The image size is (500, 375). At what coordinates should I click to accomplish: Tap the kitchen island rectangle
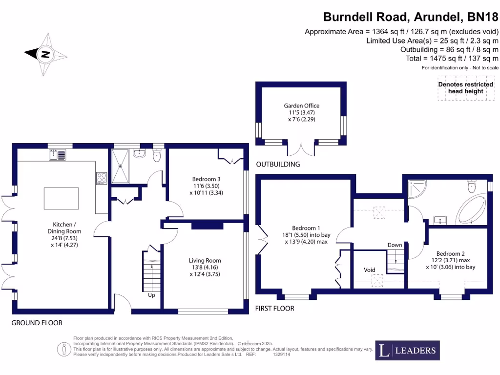pos(61,198)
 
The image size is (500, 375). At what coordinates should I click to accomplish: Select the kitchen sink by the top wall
pos(58,155)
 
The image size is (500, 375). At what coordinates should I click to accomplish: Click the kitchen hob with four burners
pos(102,178)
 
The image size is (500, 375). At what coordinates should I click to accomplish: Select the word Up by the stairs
pos(151,295)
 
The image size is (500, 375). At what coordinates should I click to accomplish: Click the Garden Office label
pos(302,105)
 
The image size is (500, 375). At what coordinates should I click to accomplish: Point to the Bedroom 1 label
pos(306,228)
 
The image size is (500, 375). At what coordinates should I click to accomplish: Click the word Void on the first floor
pos(369,270)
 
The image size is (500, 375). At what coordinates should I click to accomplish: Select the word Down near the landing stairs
pos(395,245)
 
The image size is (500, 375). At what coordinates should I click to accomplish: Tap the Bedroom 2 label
pos(450,253)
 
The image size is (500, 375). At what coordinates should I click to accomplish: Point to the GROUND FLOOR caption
pos(37,323)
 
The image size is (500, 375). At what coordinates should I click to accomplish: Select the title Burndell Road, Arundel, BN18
pos(411,17)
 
